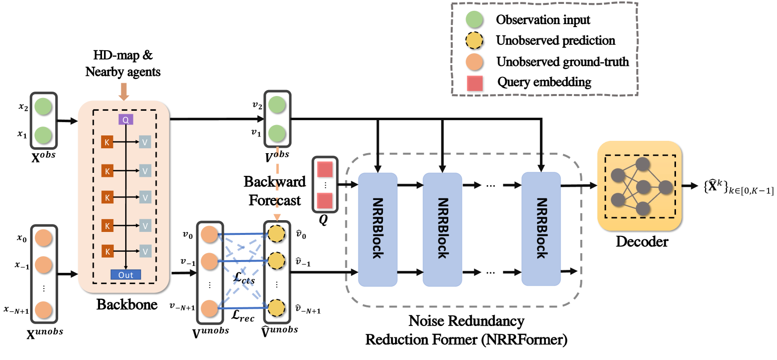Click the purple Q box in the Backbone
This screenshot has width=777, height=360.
point(126,120)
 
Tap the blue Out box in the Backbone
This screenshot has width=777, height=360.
point(126,275)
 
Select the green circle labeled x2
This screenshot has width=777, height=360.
point(43,106)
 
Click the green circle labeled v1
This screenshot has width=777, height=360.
point(277,133)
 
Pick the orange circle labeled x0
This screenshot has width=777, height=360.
point(43,238)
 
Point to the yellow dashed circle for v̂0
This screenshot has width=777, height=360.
point(276,233)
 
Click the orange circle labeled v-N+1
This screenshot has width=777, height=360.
point(209,308)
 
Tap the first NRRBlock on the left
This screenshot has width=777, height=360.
point(377,229)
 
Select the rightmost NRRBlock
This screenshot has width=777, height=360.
point(541,229)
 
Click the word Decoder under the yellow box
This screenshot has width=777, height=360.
point(642,242)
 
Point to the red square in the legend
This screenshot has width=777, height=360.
point(474,83)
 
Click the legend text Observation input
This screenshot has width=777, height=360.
point(543,20)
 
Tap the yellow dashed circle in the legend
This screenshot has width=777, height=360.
point(474,40)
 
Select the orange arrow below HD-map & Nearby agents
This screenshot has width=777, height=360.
point(124,92)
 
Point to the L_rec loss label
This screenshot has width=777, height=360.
point(243,315)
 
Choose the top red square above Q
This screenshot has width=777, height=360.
point(325,169)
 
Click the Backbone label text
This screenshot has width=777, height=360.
point(127,304)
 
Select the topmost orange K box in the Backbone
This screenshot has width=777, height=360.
point(107,142)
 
